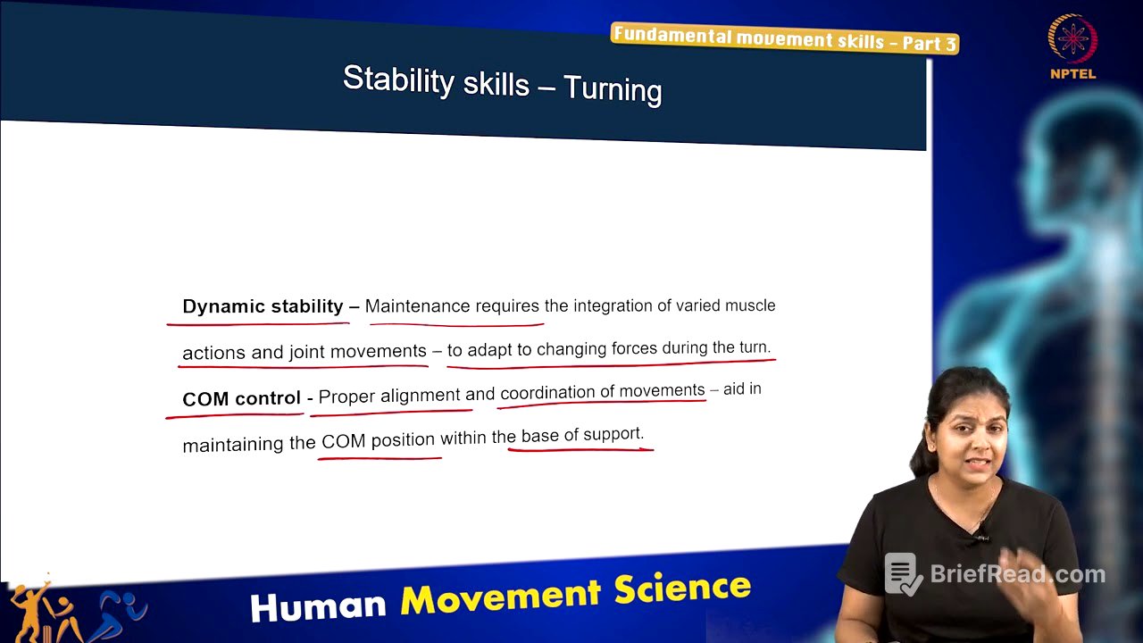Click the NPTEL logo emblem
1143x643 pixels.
point(1072,39)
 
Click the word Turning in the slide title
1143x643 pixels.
point(613,88)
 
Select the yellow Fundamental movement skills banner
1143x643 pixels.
point(785,38)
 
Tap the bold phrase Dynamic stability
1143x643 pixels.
point(263,306)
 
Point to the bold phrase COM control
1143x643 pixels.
point(241,398)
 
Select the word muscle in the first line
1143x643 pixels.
point(751,305)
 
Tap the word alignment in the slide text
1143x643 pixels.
point(420,395)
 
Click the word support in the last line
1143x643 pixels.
point(614,434)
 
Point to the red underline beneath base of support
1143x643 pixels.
point(580,447)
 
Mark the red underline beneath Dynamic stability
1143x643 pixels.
point(259,323)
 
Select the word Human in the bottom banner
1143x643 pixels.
point(318,605)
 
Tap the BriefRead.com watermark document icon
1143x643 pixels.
point(904,574)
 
